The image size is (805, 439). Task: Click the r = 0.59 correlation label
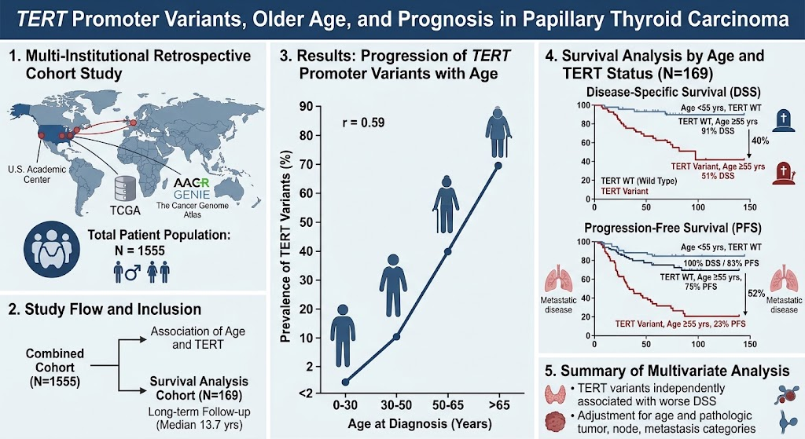363,123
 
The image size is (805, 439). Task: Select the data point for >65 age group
498,166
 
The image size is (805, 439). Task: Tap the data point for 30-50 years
396,336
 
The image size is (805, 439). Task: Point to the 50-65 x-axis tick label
447,405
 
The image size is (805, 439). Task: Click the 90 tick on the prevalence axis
306,107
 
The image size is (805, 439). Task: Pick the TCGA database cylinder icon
124,188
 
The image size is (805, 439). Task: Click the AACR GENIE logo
192,188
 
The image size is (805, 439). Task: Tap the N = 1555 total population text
140,251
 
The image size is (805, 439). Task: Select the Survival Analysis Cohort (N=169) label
199,388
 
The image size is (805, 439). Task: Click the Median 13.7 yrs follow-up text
199,425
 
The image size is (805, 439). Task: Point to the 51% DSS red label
718,176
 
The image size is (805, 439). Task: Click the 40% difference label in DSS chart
760,141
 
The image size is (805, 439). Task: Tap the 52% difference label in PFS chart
756,294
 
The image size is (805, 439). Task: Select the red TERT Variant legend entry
624,192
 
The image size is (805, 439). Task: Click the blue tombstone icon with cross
784,121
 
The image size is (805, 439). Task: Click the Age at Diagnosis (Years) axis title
420,424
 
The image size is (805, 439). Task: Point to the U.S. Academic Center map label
37,174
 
